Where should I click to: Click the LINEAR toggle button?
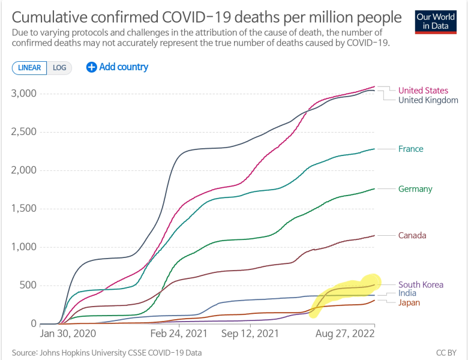[29, 68]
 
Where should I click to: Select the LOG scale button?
[59, 68]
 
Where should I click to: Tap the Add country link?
[118, 67]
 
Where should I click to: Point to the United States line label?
[423, 91]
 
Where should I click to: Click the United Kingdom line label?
[428, 100]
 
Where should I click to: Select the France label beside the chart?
[410, 149]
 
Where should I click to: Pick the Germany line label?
[415, 189]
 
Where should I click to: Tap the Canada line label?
[412, 235]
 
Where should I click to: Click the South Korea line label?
[421, 284]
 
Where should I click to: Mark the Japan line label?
[409, 302]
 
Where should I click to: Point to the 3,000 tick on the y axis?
[24, 94]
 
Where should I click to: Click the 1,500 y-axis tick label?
[24, 209]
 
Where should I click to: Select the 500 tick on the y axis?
[28, 286]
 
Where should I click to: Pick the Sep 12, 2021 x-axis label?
[249, 332]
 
